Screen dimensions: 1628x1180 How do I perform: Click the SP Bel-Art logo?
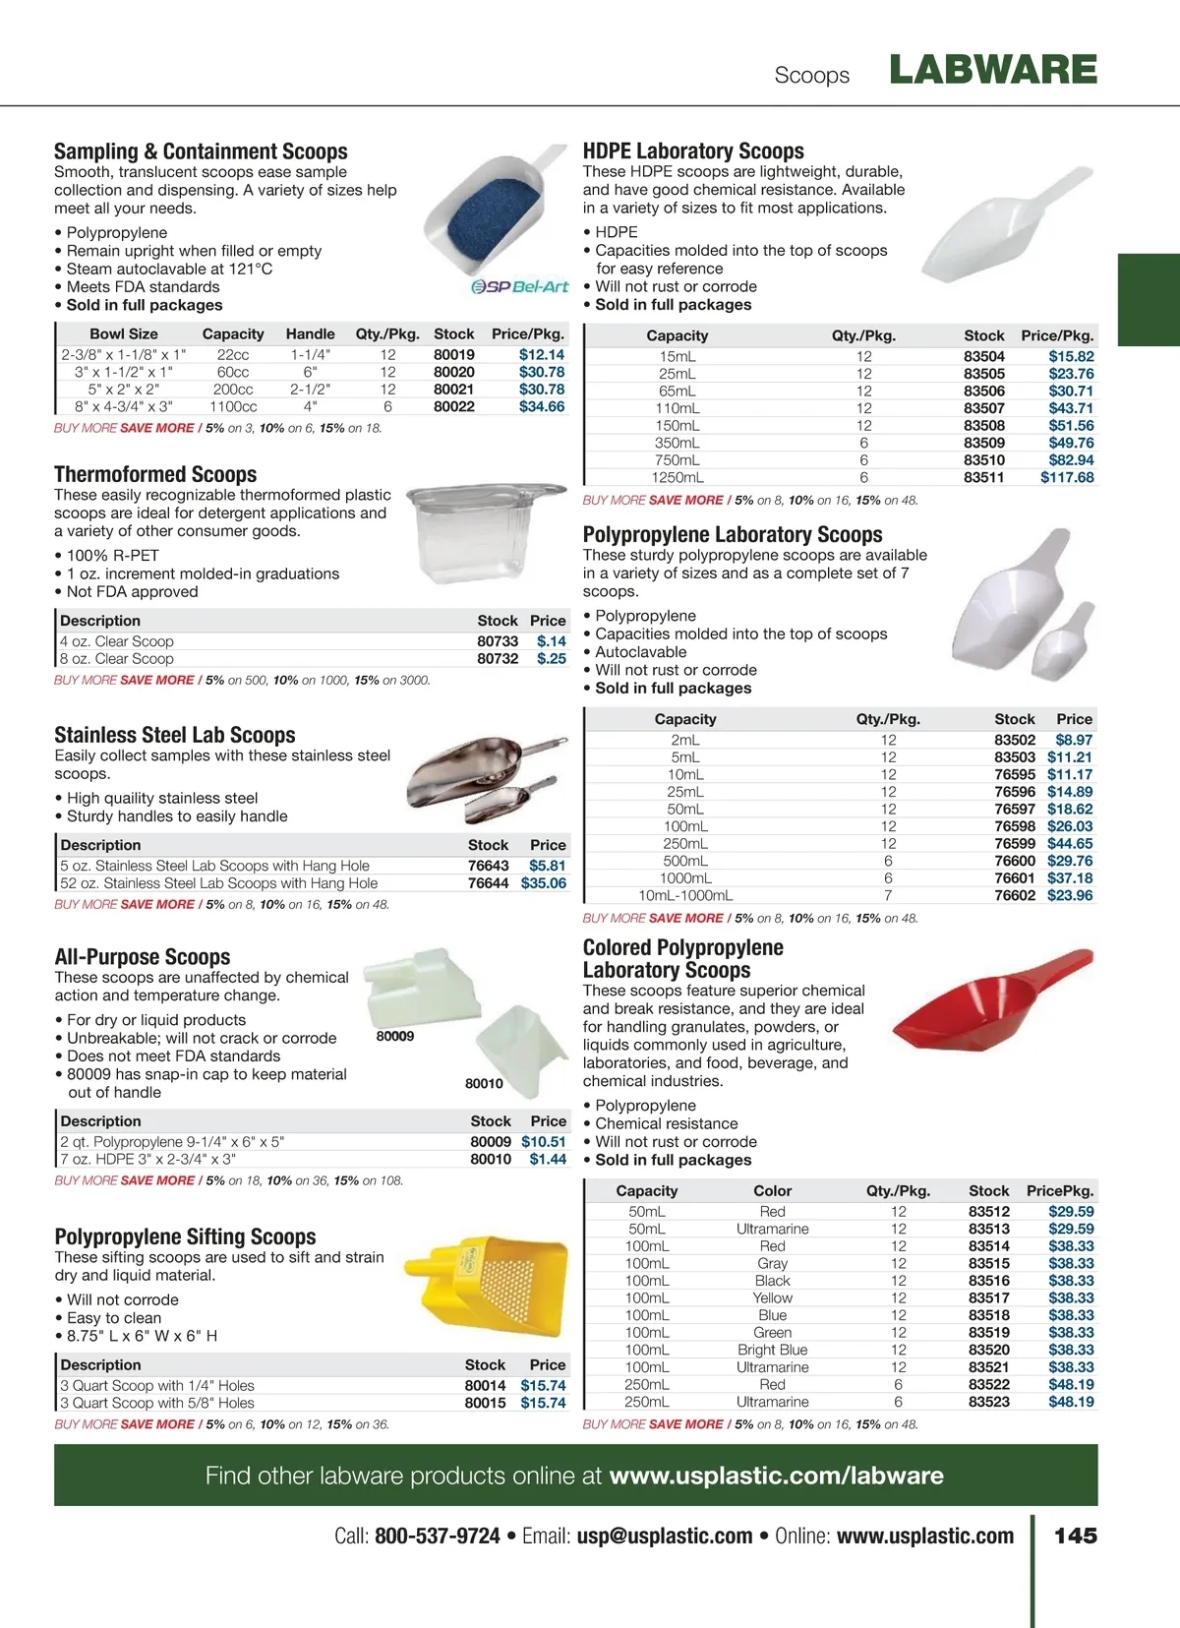(x=519, y=286)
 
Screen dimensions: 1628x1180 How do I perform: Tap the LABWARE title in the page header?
(x=992, y=70)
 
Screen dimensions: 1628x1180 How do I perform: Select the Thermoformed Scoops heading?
(x=155, y=474)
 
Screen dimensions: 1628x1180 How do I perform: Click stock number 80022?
(x=453, y=406)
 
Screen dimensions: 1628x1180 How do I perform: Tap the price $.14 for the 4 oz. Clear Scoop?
(x=551, y=641)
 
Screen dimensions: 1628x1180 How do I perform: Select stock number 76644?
(x=488, y=883)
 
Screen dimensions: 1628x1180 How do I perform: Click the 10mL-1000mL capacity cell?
(x=685, y=895)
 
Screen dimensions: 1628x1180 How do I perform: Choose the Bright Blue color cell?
(x=772, y=1350)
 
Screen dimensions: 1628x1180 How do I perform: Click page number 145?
(x=1075, y=1536)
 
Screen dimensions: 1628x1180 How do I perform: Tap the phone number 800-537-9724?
(x=437, y=1536)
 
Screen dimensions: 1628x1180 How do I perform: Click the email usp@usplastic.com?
(x=665, y=1536)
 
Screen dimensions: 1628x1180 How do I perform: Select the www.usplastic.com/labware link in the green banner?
(x=776, y=1476)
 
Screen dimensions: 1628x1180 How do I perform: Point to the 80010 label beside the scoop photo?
(x=484, y=1083)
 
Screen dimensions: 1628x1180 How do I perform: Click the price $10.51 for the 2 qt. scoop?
(x=543, y=1142)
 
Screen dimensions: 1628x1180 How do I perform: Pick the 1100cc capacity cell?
(x=233, y=406)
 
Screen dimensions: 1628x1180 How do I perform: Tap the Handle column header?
(x=310, y=334)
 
